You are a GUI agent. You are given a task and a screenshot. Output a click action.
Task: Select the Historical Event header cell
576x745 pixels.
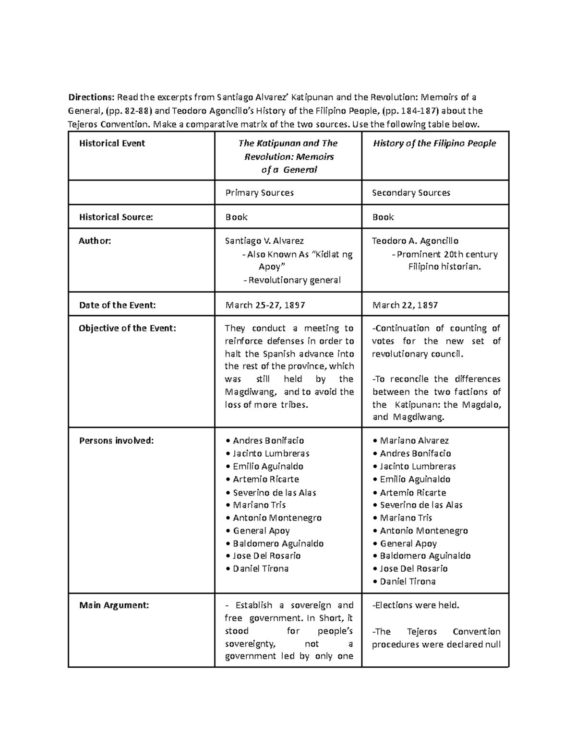click(x=112, y=143)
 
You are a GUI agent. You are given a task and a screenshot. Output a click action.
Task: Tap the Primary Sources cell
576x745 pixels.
click(x=260, y=193)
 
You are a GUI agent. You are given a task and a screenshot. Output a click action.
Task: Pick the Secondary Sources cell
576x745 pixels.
click(x=411, y=193)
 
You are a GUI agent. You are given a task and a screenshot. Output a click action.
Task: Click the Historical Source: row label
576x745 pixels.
click(x=116, y=217)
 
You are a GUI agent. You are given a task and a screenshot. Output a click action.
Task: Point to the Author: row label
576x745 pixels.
click(x=95, y=241)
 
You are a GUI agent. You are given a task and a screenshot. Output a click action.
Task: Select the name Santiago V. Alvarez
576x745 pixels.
click(x=264, y=241)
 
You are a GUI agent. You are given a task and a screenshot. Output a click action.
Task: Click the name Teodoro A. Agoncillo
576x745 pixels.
click(x=415, y=241)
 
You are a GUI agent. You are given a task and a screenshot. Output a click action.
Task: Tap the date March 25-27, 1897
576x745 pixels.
click(x=265, y=305)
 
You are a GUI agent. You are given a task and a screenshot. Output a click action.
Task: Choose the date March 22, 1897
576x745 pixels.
click(x=405, y=305)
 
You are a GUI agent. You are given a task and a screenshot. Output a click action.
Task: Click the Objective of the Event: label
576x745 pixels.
click(x=127, y=329)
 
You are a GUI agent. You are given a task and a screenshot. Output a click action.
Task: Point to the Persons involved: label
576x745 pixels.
click(x=116, y=441)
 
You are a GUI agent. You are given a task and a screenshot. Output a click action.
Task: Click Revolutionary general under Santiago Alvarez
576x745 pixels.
click(x=294, y=280)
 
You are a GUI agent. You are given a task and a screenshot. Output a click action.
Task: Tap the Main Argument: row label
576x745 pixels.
click(x=114, y=605)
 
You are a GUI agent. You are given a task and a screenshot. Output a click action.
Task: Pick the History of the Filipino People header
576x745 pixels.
click(x=434, y=143)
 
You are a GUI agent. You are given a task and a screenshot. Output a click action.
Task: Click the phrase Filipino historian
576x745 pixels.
click(x=444, y=267)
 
